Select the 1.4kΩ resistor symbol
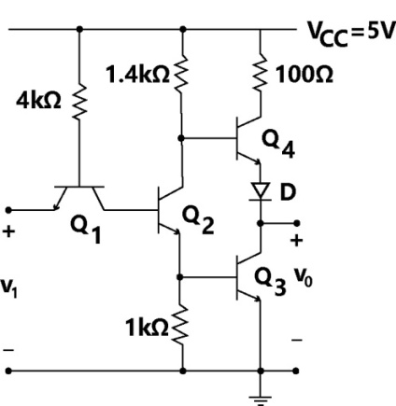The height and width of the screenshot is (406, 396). coord(181,74)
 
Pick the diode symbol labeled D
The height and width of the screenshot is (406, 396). coord(261,191)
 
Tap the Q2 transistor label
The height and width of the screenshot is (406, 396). coord(198,219)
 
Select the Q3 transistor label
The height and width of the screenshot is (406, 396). coord(270,281)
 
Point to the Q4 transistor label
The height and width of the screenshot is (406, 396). coord(278,144)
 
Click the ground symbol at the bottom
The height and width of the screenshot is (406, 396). coord(261,399)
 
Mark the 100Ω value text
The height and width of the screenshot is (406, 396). coord(304,75)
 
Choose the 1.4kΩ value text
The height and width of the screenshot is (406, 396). coord(137,75)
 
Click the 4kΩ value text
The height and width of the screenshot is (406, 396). coord(38,101)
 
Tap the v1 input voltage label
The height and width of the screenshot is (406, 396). coord(8,287)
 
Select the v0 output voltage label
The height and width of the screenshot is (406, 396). coord(303,277)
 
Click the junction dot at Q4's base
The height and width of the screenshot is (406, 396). coord(180,138)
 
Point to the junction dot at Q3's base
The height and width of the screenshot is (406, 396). coord(179,276)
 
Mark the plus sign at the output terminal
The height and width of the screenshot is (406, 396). coord(296,240)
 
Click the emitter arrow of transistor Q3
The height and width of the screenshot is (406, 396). coord(257,299)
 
